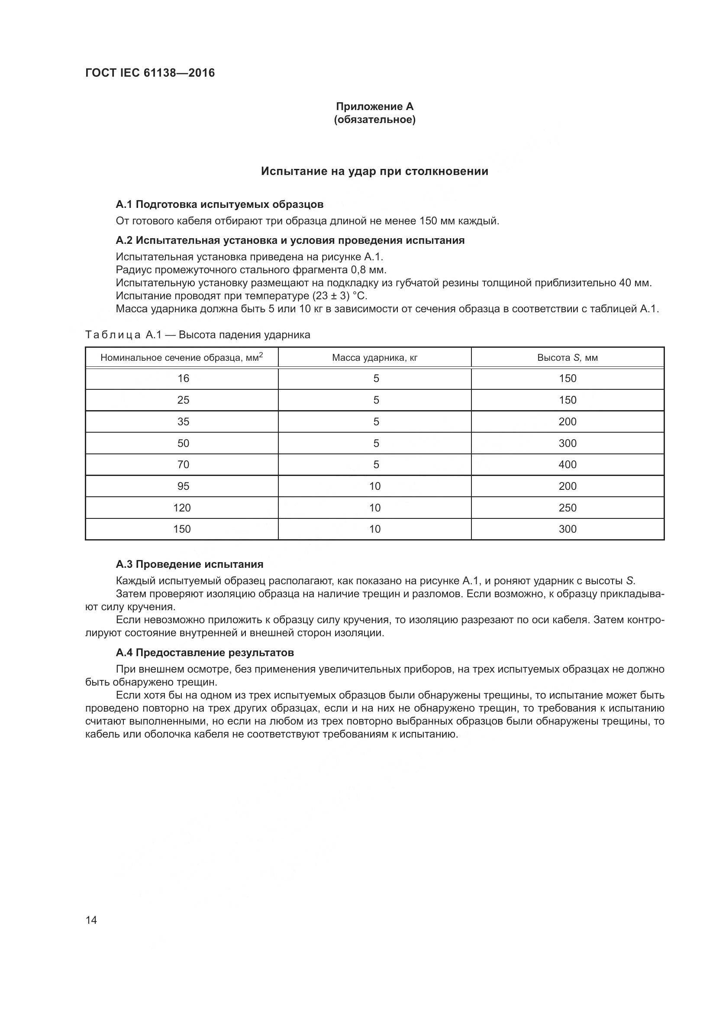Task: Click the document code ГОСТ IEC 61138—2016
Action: (150, 73)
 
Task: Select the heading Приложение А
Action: (374, 107)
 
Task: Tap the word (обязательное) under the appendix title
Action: (374, 120)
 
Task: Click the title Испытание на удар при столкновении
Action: (374, 171)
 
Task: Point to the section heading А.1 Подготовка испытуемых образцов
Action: (219, 204)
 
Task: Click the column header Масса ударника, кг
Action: (374, 357)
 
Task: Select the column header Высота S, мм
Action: (567, 357)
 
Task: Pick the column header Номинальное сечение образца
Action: (181, 357)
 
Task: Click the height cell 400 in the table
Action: (567, 464)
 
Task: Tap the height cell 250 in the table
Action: (567, 508)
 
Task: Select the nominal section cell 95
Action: (183, 486)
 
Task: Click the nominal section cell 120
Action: (182, 508)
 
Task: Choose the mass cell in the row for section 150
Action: (374, 528)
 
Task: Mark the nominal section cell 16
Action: (183, 378)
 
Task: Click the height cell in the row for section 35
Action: (567, 421)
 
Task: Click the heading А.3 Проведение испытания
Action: (190, 564)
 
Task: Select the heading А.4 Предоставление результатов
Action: (205, 652)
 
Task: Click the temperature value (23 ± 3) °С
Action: (339, 296)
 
